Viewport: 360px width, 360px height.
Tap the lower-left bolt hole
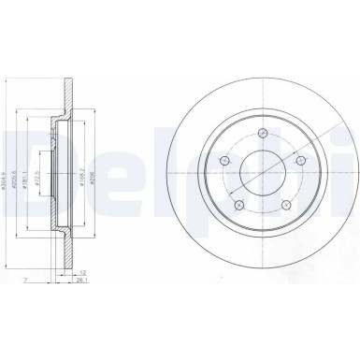point(238,205)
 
